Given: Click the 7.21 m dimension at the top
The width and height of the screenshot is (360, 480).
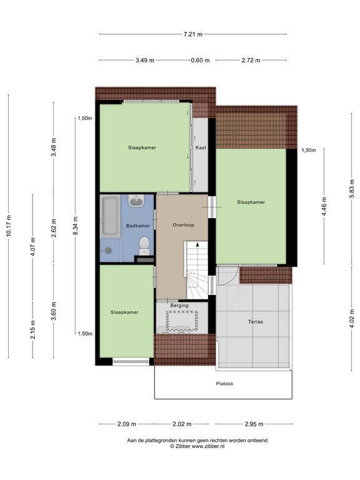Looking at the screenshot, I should click(x=192, y=34).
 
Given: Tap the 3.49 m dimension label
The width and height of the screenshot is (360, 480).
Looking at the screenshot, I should click(x=145, y=60).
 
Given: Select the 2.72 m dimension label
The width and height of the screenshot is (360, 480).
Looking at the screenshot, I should click(x=251, y=60).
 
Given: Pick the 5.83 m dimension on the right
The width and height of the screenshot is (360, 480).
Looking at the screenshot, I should click(x=351, y=187).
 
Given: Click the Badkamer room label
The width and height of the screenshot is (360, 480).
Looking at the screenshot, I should click(x=137, y=226).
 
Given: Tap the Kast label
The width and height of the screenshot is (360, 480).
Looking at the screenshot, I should click(x=201, y=148).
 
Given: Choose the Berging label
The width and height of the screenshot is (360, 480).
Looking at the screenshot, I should click(x=179, y=306).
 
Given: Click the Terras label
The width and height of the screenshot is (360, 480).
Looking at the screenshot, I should click(x=255, y=322).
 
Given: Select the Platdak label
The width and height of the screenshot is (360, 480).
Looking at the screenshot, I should click(x=225, y=384).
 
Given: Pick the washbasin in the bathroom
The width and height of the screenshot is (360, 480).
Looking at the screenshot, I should click(x=137, y=202).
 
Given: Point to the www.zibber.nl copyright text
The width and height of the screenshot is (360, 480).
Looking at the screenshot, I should click(x=197, y=447).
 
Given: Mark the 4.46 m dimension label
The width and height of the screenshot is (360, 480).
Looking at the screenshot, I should click(x=324, y=206).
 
